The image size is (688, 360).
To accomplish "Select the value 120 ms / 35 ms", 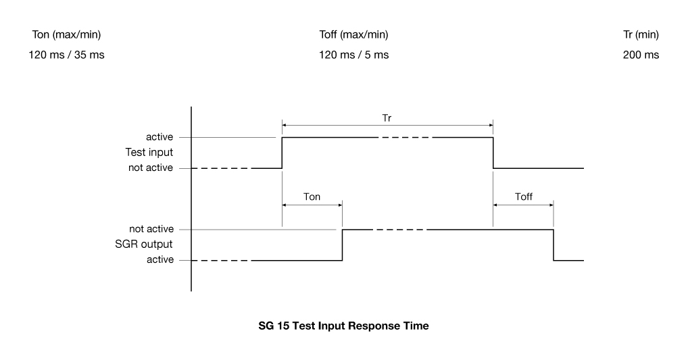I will [x=66, y=55].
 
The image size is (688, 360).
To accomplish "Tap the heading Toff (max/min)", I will [x=353, y=34].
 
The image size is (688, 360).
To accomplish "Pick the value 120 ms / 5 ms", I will [x=353, y=55].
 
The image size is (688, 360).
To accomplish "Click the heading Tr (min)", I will [x=641, y=34].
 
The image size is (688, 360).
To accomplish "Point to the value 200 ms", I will [x=641, y=55].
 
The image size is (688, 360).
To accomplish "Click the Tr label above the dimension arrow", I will [x=387, y=117].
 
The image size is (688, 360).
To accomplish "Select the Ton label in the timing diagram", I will [x=312, y=198].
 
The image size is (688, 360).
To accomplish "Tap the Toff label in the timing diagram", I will [x=523, y=198].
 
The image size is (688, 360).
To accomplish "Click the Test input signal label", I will [x=150, y=153].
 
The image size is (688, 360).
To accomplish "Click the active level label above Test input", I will [x=159, y=138].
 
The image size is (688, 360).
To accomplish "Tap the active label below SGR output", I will [x=159, y=260].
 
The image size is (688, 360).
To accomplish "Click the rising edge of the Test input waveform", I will [x=282, y=153].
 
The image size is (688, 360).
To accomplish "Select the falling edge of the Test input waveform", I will [x=493, y=153].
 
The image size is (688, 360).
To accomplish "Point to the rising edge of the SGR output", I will [x=343, y=245].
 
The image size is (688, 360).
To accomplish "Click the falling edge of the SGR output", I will [x=554, y=245].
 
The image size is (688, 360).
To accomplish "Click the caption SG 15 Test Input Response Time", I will [x=343, y=326].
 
